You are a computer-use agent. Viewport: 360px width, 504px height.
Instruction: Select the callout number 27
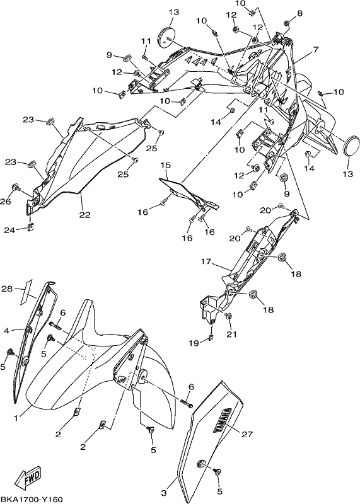click(247, 435)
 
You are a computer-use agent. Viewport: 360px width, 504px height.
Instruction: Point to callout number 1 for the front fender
click(15, 418)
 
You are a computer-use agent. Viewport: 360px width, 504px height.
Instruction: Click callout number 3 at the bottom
click(164, 493)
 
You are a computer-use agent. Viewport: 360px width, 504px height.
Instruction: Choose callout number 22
click(85, 214)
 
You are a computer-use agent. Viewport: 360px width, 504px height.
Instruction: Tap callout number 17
click(206, 261)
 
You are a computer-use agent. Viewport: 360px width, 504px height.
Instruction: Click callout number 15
click(166, 165)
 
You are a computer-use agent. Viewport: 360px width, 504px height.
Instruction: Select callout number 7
click(316, 50)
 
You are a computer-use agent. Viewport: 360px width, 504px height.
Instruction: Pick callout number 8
click(300, 13)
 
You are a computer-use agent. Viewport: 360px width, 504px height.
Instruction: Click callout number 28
click(7, 289)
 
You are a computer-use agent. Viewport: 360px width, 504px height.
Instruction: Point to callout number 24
click(9, 230)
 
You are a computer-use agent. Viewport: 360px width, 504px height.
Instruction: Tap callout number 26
click(7, 202)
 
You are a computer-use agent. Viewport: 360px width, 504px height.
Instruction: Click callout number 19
click(194, 343)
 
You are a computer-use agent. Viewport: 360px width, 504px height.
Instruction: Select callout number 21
click(231, 335)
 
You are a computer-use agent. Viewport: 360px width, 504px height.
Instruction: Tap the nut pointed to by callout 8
click(286, 23)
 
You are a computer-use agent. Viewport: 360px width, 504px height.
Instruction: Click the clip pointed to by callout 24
click(31, 227)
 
